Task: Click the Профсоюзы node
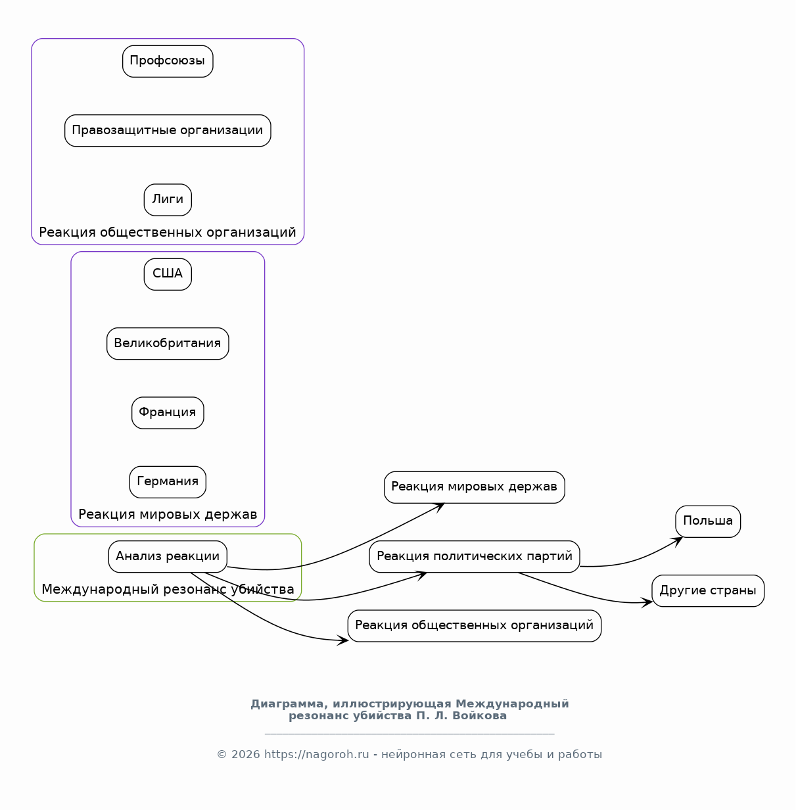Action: tap(168, 61)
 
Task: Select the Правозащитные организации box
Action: tap(168, 131)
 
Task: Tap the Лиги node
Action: tap(168, 200)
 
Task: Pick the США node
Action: tap(168, 274)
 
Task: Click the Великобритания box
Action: tap(168, 344)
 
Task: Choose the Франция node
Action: tap(168, 413)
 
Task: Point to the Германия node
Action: tap(168, 483)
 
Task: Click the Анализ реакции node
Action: tap(168, 557)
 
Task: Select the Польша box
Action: tap(709, 522)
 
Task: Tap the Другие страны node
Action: tap(709, 592)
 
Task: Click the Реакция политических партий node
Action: tap(475, 557)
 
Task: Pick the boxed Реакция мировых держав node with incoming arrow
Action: tap(475, 488)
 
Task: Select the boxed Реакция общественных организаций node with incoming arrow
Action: tap(475, 627)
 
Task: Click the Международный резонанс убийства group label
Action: tap(168, 590)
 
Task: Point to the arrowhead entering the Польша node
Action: tap(678, 541)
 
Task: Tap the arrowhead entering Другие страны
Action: tap(647, 603)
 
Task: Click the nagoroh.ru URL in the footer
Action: tap(316, 755)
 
